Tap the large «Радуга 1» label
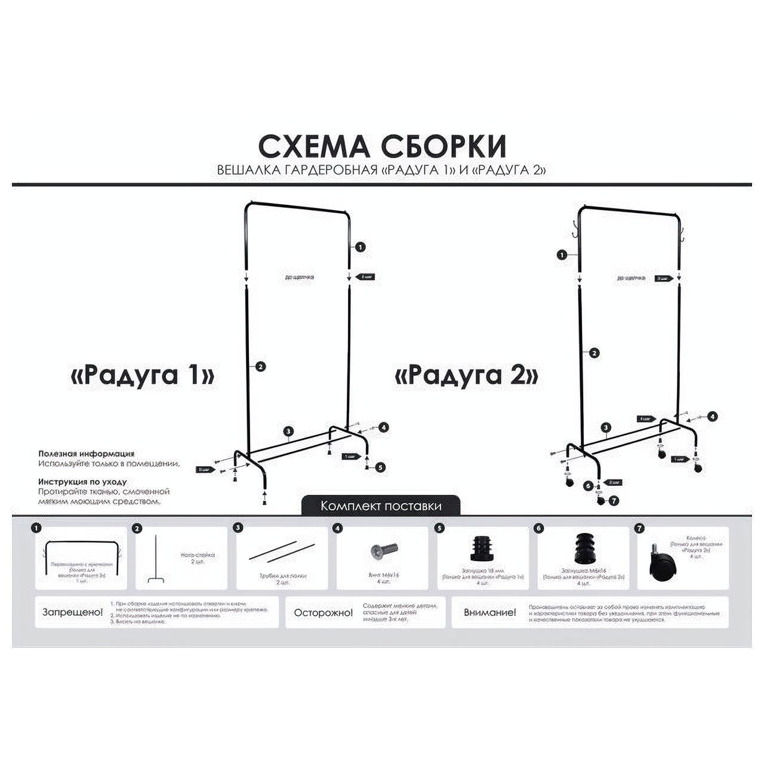[143, 375]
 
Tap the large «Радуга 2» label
[467, 375]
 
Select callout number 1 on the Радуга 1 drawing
[359, 247]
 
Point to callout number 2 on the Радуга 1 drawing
[260, 366]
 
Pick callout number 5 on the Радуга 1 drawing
[381, 467]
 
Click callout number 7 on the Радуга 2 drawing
[614, 501]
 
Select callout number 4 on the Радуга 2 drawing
[713, 416]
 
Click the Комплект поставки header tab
[381, 506]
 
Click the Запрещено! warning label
[72, 612]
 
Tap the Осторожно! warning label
[323, 613]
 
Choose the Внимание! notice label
[489, 613]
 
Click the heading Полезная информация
[87, 454]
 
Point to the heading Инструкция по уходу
[82, 482]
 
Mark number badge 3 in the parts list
[238, 528]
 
